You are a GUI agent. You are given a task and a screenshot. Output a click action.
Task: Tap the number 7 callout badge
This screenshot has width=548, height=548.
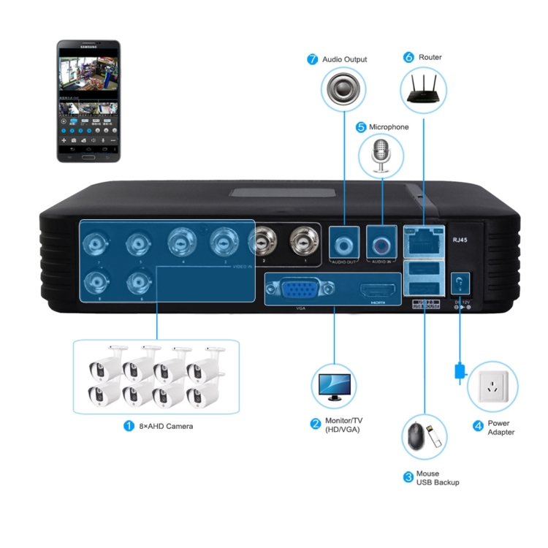click(312, 59)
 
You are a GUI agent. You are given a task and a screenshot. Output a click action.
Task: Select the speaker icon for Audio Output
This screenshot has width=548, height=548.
click(343, 88)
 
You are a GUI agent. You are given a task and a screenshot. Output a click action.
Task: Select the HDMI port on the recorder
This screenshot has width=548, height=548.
click(377, 291)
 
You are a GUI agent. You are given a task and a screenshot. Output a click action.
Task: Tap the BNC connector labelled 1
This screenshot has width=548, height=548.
click(302, 238)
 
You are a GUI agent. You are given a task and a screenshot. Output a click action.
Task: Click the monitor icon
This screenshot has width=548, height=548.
click(334, 385)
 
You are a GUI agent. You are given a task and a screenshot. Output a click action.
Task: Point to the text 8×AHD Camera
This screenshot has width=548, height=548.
click(167, 425)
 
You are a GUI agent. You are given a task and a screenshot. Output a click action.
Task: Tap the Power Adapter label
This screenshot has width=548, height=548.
click(501, 427)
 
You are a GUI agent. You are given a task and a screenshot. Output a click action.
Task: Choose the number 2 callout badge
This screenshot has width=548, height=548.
click(316, 423)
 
